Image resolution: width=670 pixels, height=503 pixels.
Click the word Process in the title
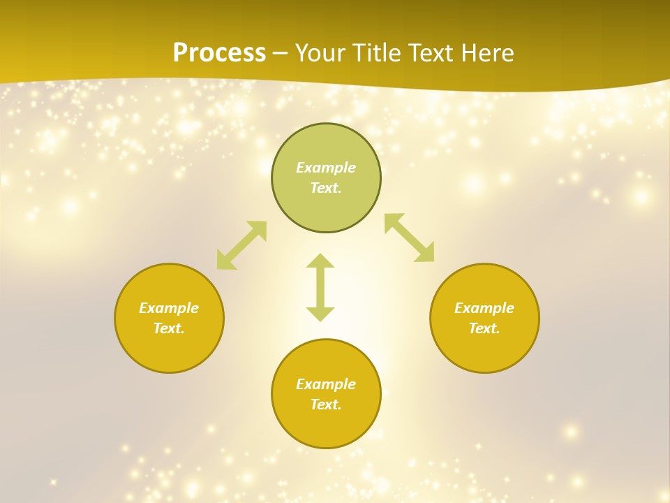(x=219, y=53)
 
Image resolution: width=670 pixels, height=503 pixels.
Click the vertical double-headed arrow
(x=320, y=287)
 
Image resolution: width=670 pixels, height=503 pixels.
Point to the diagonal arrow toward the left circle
(x=241, y=245)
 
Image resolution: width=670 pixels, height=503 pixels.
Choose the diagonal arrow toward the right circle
(x=410, y=238)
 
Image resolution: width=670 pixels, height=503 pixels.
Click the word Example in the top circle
(x=326, y=168)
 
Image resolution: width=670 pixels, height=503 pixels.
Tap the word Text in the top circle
(x=326, y=188)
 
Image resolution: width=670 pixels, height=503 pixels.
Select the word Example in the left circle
(x=169, y=308)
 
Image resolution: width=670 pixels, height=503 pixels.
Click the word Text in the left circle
(x=169, y=328)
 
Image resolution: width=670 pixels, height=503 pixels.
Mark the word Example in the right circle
(x=484, y=308)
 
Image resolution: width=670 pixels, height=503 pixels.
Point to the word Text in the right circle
(x=484, y=328)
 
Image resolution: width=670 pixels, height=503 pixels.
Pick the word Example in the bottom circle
(x=326, y=384)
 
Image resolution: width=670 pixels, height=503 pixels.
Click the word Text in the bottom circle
(x=326, y=404)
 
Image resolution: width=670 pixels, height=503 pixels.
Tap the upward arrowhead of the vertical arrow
(x=320, y=261)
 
